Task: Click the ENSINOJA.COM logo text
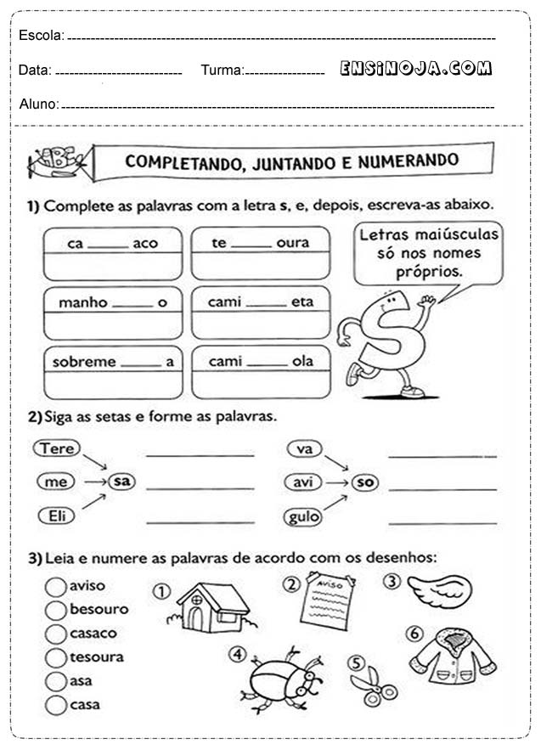[416, 69]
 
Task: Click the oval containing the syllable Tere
[57, 448]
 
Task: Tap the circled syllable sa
[122, 482]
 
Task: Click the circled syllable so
[365, 482]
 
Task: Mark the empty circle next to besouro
[56, 610]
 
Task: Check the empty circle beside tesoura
[56, 657]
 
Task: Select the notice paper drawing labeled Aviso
[326, 601]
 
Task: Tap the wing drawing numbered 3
[439, 589]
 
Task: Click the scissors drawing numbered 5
[375, 685]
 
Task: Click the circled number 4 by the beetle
[237, 654]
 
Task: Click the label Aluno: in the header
[38, 104]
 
